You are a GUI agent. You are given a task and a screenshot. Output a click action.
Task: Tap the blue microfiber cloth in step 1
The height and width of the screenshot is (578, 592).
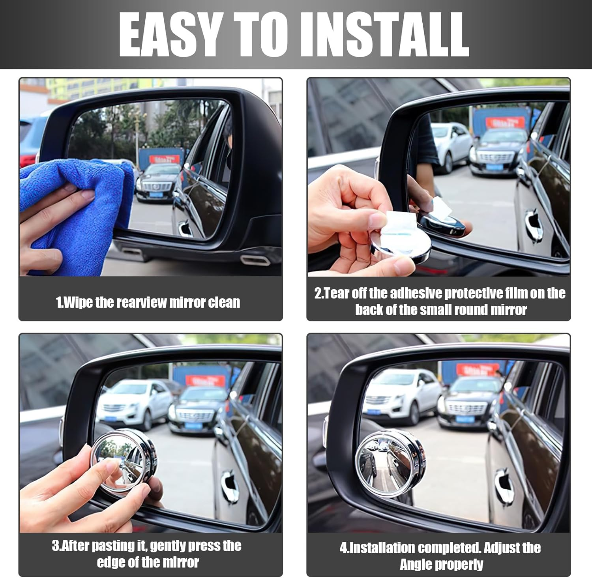click(x=79, y=197)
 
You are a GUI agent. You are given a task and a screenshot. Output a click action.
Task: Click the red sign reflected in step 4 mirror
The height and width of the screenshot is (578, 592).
click(x=478, y=370)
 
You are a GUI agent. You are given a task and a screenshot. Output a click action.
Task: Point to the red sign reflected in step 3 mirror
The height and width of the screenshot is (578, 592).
click(x=205, y=380)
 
